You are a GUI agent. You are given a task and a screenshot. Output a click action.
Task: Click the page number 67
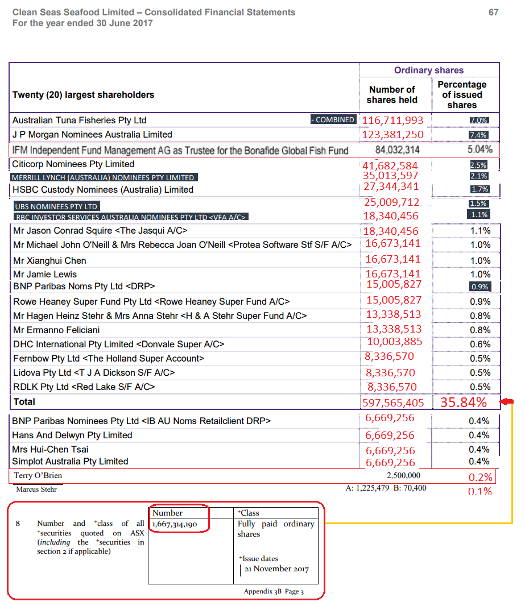(x=493, y=13)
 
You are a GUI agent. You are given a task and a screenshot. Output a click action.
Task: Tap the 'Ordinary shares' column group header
(x=429, y=70)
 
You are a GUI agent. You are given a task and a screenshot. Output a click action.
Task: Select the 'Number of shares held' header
(x=392, y=95)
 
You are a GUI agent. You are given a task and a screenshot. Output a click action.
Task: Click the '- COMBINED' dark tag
(x=333, y=120)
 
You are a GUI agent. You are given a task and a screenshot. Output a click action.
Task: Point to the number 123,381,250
(x=393, y=135)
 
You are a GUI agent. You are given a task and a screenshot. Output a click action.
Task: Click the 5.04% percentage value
(x=479, y=150)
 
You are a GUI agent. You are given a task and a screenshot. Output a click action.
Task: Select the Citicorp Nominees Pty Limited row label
(x=73, y=164)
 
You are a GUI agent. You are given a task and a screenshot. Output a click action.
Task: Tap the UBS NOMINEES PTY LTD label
(x=56, y=206)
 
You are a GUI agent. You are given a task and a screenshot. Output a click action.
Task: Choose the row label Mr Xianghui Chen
(x=49, y=261)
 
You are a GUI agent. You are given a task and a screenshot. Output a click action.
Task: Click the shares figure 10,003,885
(x=395, y=342)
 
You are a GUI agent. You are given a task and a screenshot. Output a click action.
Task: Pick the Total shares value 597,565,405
(x=393, y=402)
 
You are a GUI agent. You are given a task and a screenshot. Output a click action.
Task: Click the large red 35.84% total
(x=464, y=402)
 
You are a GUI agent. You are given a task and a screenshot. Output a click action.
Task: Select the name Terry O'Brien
(x=38, y=475)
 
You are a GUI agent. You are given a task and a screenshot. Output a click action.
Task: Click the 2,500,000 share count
(x=404, y=475)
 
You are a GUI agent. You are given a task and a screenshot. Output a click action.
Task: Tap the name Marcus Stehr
(x=36, y=489)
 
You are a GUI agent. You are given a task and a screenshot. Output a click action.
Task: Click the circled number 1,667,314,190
(x=175, y=524)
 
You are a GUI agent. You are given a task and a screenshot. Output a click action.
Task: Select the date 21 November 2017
(x=277, y=569)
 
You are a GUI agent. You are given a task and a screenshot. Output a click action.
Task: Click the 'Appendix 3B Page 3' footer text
(x=274, y=591)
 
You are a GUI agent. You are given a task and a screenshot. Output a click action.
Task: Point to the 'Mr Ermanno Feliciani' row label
(x=56, y=330)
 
